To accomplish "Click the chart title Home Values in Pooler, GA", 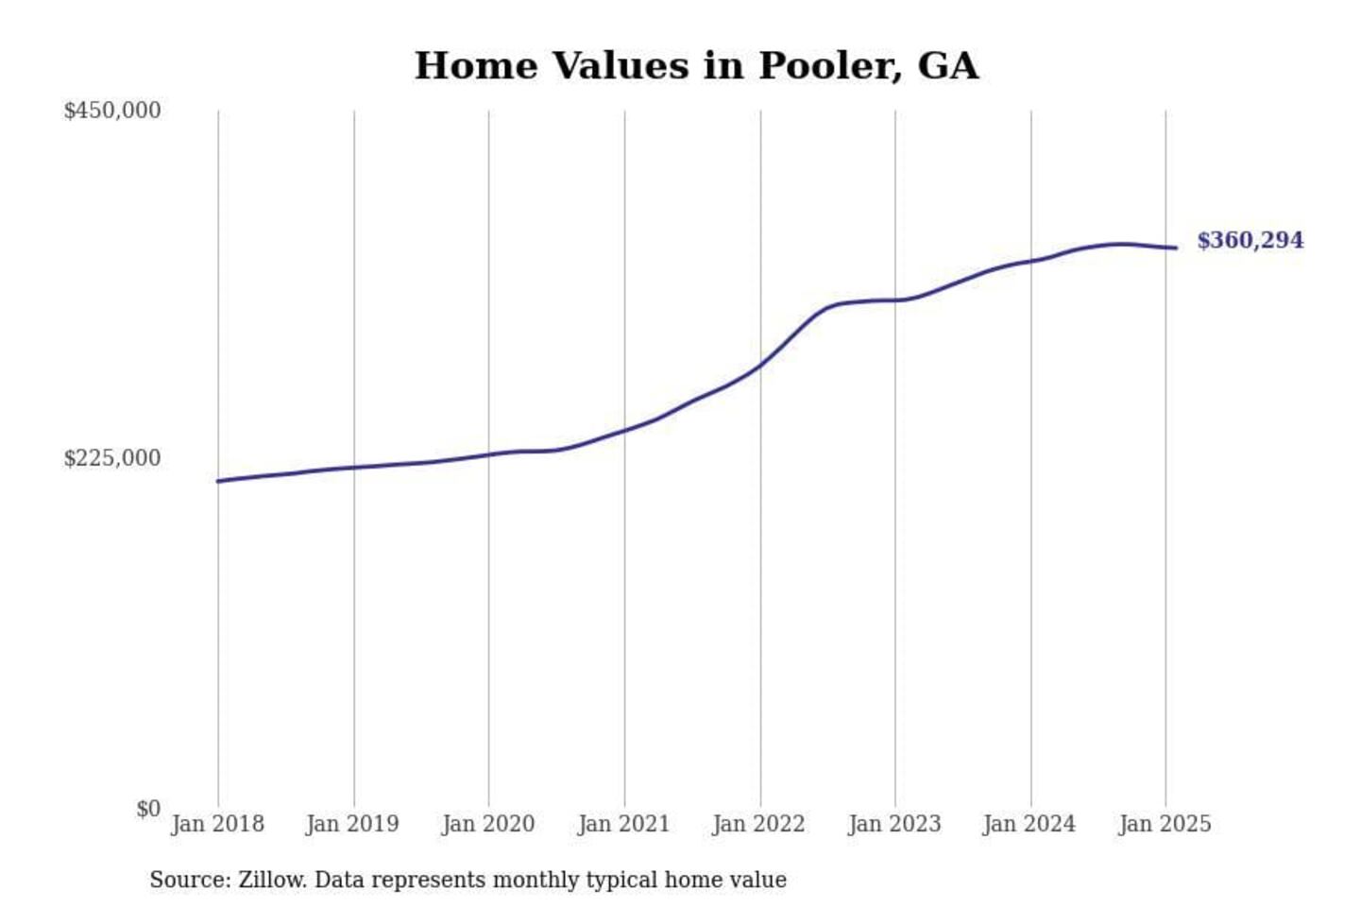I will point(696,65).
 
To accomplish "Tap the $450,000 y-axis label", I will point(111,111).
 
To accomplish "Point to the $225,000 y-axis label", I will point(111,458).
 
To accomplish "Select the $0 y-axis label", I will point(148,809).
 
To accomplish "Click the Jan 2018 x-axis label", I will point(217,824).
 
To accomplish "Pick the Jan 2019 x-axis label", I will point(352,824).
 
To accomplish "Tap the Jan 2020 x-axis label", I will point(488,824).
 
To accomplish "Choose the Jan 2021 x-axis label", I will point(623,824).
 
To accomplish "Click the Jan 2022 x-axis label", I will point(758,824).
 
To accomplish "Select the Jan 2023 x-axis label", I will point(894,824).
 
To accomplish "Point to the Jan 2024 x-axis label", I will point(1029,824).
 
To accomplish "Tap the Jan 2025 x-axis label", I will point(1164,824).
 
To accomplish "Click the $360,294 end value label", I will point(1249,240).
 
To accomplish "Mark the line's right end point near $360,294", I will point(1176,248).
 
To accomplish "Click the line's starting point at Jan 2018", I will point(218,481).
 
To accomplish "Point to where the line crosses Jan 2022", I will point(760,365).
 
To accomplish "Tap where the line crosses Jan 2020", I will point(489,454).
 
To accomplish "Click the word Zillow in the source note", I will point(272,880).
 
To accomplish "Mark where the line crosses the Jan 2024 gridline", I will point(1031,261).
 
